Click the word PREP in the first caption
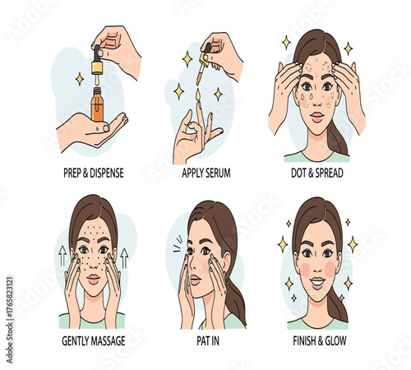pos(73,174)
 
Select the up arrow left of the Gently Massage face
pos(62,257)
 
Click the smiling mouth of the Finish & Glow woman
pos(316,283)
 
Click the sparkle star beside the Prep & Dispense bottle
pos(80,79)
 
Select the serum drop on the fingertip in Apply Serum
pos(196,97)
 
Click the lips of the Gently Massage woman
pos(93,280)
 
